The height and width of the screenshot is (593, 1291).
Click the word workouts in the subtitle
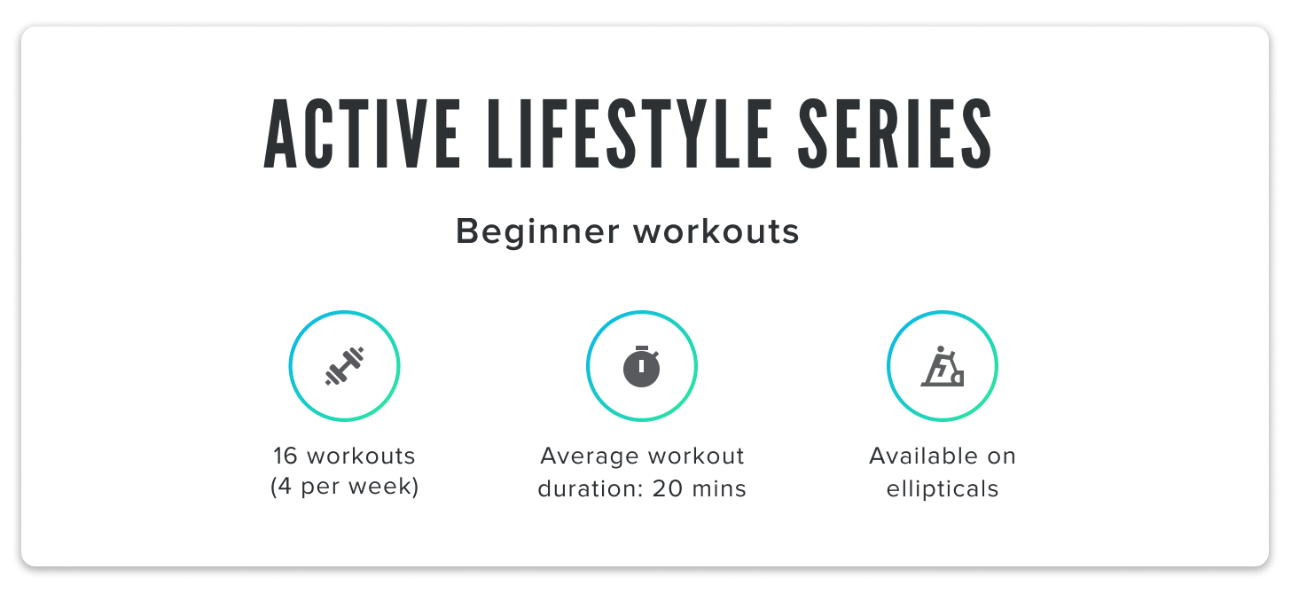coord(716,232)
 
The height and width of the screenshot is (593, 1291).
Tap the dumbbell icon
coord(345,366)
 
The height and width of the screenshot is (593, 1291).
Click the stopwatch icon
coord(642,366)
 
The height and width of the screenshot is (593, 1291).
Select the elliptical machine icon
coord(943,366)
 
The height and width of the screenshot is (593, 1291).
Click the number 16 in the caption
coord(285,456)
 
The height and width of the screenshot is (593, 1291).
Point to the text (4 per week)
coord(344,488)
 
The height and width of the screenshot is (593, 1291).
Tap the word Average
coord(589,456)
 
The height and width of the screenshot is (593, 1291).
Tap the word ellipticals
coord(943,488)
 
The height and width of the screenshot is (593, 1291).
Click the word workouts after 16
coord(360,456)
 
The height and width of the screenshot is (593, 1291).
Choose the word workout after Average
coord(695,456)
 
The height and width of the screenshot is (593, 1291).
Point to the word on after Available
coord(1000,456)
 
